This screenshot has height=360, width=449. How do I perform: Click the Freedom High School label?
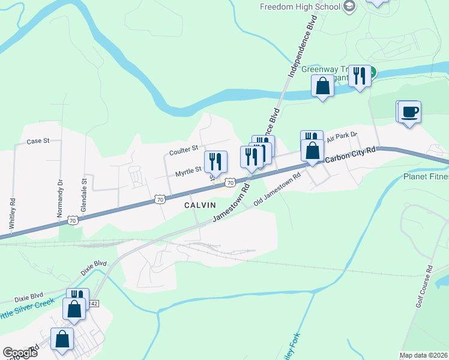coord(300,7)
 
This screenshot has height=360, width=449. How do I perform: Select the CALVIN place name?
coord(200,205)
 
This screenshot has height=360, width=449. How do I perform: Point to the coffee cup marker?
coord(410,112)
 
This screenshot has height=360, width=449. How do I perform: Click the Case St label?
coord(38,141)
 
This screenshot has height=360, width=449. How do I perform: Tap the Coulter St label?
coord(184,149)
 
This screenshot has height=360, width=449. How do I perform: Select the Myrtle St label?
coord(188,172)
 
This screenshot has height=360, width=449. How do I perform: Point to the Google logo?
coord(20,353)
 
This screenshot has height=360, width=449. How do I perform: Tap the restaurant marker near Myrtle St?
coord(215,161)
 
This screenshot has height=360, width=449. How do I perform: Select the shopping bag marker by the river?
coord(323,86)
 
